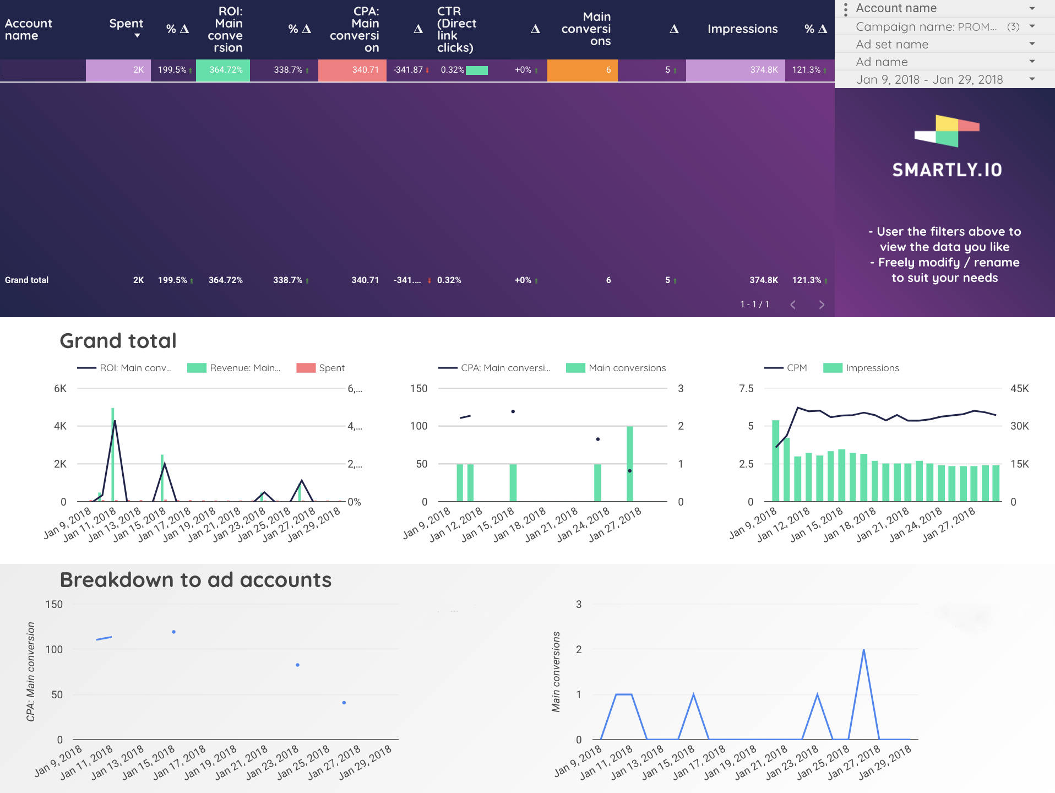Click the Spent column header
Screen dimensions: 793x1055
coord(126,24)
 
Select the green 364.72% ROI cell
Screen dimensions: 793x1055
coord(223,70)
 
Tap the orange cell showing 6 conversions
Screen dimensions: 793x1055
coord(582,70)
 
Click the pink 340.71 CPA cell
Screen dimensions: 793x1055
coord(352,70)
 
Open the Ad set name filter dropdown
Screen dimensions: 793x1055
coord(944,44)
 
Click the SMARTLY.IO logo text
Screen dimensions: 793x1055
coord(947,170)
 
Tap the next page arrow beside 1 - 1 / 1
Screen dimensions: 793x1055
coord(822,305)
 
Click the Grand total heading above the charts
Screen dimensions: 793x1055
coord(118,341)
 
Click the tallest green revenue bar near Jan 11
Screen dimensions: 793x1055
coord(113,454)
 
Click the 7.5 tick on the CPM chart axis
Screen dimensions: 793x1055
coord(746,388)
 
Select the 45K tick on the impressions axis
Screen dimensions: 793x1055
coord(1019,388)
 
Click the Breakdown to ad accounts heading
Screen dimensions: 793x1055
coord(195,580)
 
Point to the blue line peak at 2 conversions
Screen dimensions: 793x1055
coord(863,650)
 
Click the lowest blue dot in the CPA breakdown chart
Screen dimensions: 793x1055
coord(344,703)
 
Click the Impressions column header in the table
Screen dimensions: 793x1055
coord(742,29)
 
